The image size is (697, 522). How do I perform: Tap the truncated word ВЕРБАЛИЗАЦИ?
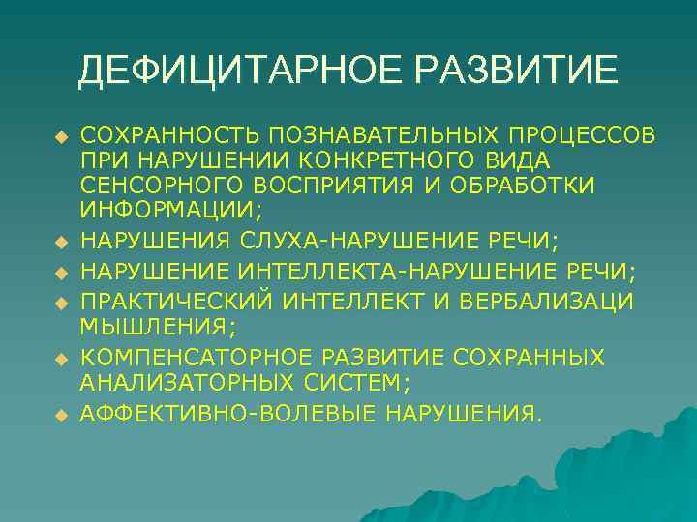pyautogui.click(x=554, y=302)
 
